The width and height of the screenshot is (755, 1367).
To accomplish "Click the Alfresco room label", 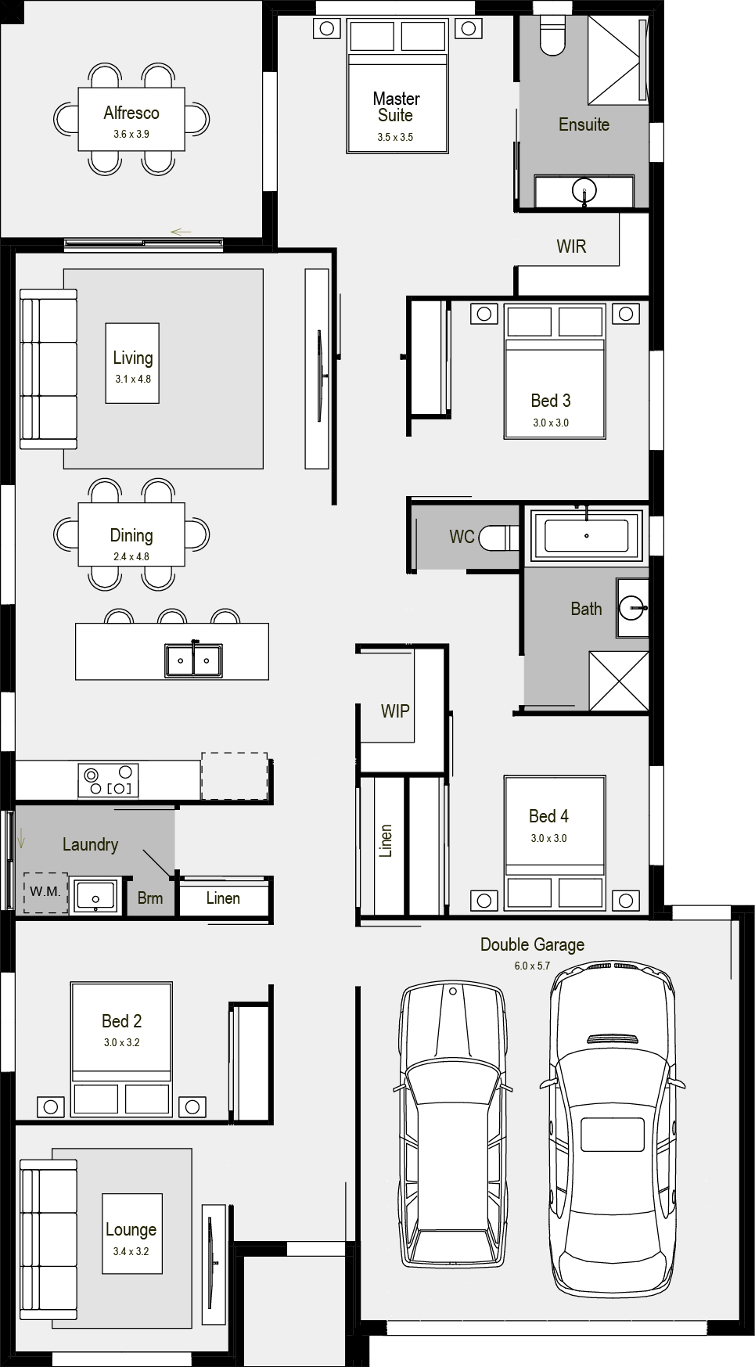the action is coord(131,113).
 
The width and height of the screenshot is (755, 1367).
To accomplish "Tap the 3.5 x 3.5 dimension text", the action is coord(395,137).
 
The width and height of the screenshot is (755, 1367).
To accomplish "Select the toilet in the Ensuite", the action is coord(552,35).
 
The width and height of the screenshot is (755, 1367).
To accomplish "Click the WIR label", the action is coord(571,246).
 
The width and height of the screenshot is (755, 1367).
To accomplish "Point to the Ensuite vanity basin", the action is coord(584,190).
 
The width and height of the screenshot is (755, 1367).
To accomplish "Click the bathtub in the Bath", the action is coord(587,536).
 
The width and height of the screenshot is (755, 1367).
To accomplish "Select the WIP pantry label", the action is coord(395,711).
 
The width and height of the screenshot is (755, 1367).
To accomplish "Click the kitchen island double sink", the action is coord(193,660).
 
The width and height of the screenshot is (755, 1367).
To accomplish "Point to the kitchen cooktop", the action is coord(109,780).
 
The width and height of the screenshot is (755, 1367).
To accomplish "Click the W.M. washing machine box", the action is coord(45,892).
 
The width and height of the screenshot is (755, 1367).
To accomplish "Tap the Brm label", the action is coord(150,898).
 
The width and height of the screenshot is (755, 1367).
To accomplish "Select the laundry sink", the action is coord(95,896).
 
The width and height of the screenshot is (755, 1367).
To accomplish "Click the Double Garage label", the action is coord(532,944).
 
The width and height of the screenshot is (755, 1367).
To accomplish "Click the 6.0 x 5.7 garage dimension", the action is coord(532,966).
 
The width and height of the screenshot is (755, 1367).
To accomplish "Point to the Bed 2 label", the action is coord(122,1021).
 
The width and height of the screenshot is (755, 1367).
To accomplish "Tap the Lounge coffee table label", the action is coord(131,1229).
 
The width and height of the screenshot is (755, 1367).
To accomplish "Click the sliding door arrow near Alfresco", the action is coord(181,232).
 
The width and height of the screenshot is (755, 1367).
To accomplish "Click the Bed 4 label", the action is coord(548,816).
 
